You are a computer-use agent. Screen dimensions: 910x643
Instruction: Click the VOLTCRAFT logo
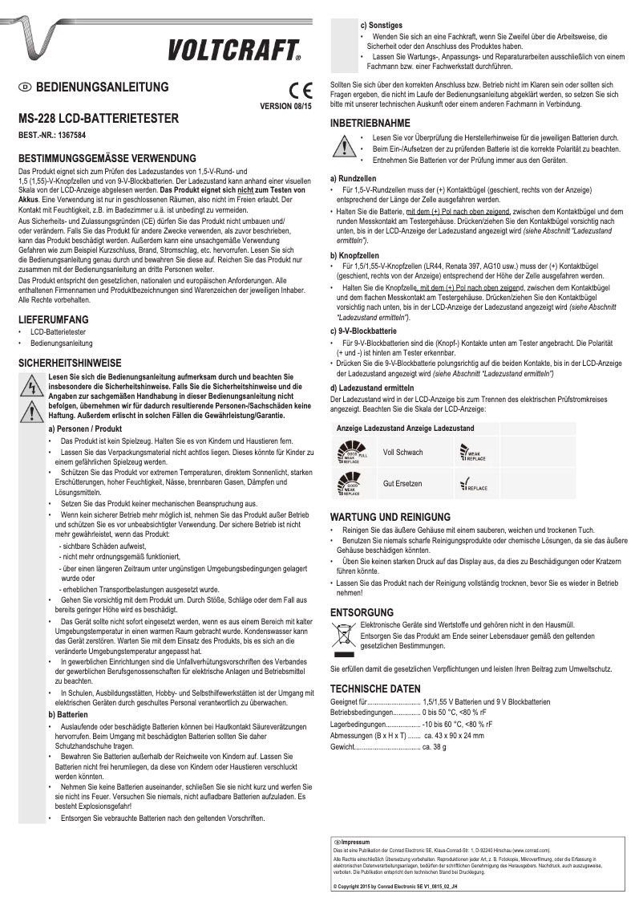[x=234, y=51]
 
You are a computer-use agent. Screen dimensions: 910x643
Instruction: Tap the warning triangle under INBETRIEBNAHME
[x=344, y=148]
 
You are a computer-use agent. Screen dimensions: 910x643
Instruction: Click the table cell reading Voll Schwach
[x=403, y=453]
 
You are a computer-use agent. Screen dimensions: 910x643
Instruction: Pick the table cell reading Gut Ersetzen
[x=402, y=484]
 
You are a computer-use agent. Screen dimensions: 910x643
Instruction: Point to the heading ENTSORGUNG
[x=362, y=611]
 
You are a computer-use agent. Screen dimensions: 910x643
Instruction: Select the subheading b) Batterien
[x=68, y=713]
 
